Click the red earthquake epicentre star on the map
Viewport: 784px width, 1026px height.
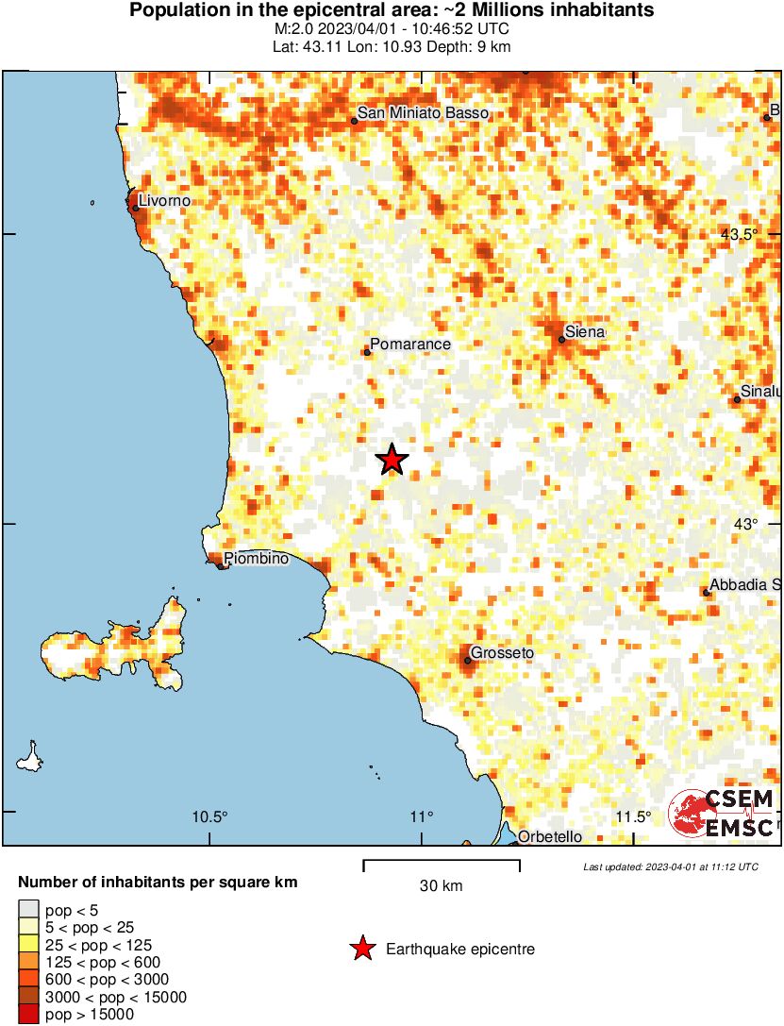pos(392,460)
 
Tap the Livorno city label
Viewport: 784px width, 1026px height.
pos(164,201)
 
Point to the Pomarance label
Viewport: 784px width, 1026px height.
pos(410,345)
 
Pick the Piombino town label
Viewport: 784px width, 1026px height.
pos(256,559)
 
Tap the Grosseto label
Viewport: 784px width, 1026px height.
pos(502,653)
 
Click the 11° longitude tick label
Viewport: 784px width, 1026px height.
pos(422,816)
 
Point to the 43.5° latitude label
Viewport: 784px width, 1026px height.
pos(739,234)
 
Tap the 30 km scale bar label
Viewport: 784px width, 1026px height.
pos(441,886)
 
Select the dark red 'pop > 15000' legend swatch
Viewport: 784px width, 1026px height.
pos(28,1015)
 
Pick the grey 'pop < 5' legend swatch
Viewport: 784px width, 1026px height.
pos(28,910)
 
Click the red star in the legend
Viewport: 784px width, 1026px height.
pos(362,949)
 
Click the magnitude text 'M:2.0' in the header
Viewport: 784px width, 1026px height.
pos(317,29)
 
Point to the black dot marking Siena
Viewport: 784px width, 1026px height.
pos(561,340)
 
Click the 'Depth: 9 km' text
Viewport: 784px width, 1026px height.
pos(474,45)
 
